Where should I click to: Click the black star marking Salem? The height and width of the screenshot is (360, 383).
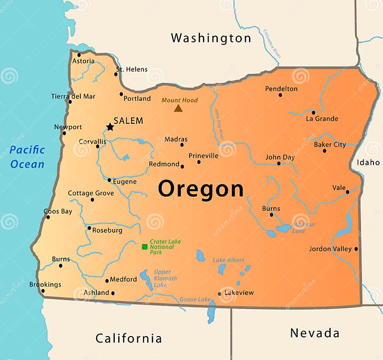pyautogui.click(x=110, y=127)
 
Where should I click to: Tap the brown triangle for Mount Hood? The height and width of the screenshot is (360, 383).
pyautogui.click(x=178, y=108)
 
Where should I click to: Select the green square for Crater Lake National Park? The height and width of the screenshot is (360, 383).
pyautogui.click(x=145, y=247)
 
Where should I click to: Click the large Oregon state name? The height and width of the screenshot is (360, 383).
pyautogui.click(x=201, y=189)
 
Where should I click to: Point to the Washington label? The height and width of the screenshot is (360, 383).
pyautogui.click(x=211, y=38)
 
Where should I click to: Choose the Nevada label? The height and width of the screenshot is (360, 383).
pyautogui.click(x=315, y=333)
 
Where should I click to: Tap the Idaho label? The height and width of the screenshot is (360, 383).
pyautogui.click(x=368, y=162)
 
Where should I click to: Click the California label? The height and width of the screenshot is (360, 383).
pyautogui.click(x=129, y=338)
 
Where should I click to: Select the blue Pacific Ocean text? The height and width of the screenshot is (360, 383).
pyautogui.click(x=27, y=157)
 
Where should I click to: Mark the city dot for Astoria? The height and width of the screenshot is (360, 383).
pyautogui.click(x=79, y=55)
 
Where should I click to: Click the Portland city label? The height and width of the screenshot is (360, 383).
pyautogui.click(x=137, y=98)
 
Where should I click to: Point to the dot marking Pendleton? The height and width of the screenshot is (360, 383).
pyautogui.click(x=280, y=95)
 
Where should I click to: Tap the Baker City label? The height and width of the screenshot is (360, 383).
pyautogui.click(x=330, y=145)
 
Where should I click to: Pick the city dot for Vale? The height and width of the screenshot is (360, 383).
pyautogui.click(x=348, y=192)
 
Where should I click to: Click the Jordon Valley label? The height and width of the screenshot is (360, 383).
pyautogui.click(x=330, y=249)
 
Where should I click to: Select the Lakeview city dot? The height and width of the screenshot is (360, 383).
pyautogui.click(x=219, y=294)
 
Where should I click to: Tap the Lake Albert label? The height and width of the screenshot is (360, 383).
pyautogui.click(x=228, y=260)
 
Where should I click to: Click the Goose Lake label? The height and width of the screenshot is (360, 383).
pyautogui.click(x=195, y=299)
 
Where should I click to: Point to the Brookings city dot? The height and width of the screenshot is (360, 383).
pyautogui.click(x=43, y=291)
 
